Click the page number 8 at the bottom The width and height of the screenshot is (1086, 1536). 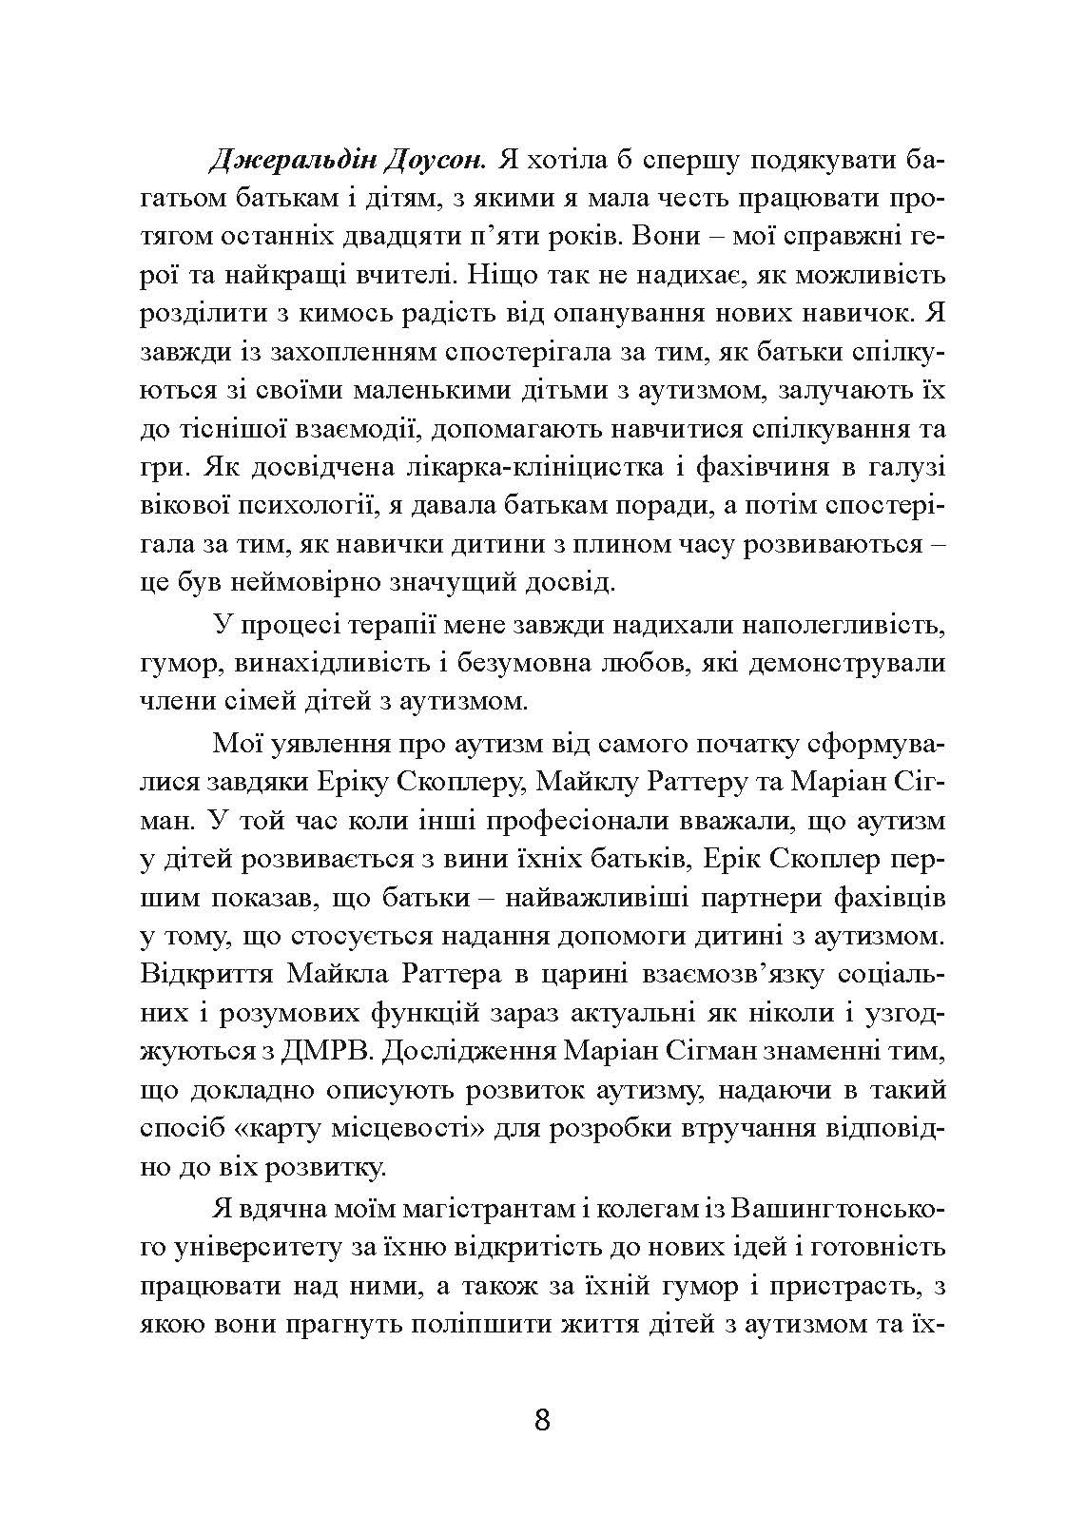[542, 1421]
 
